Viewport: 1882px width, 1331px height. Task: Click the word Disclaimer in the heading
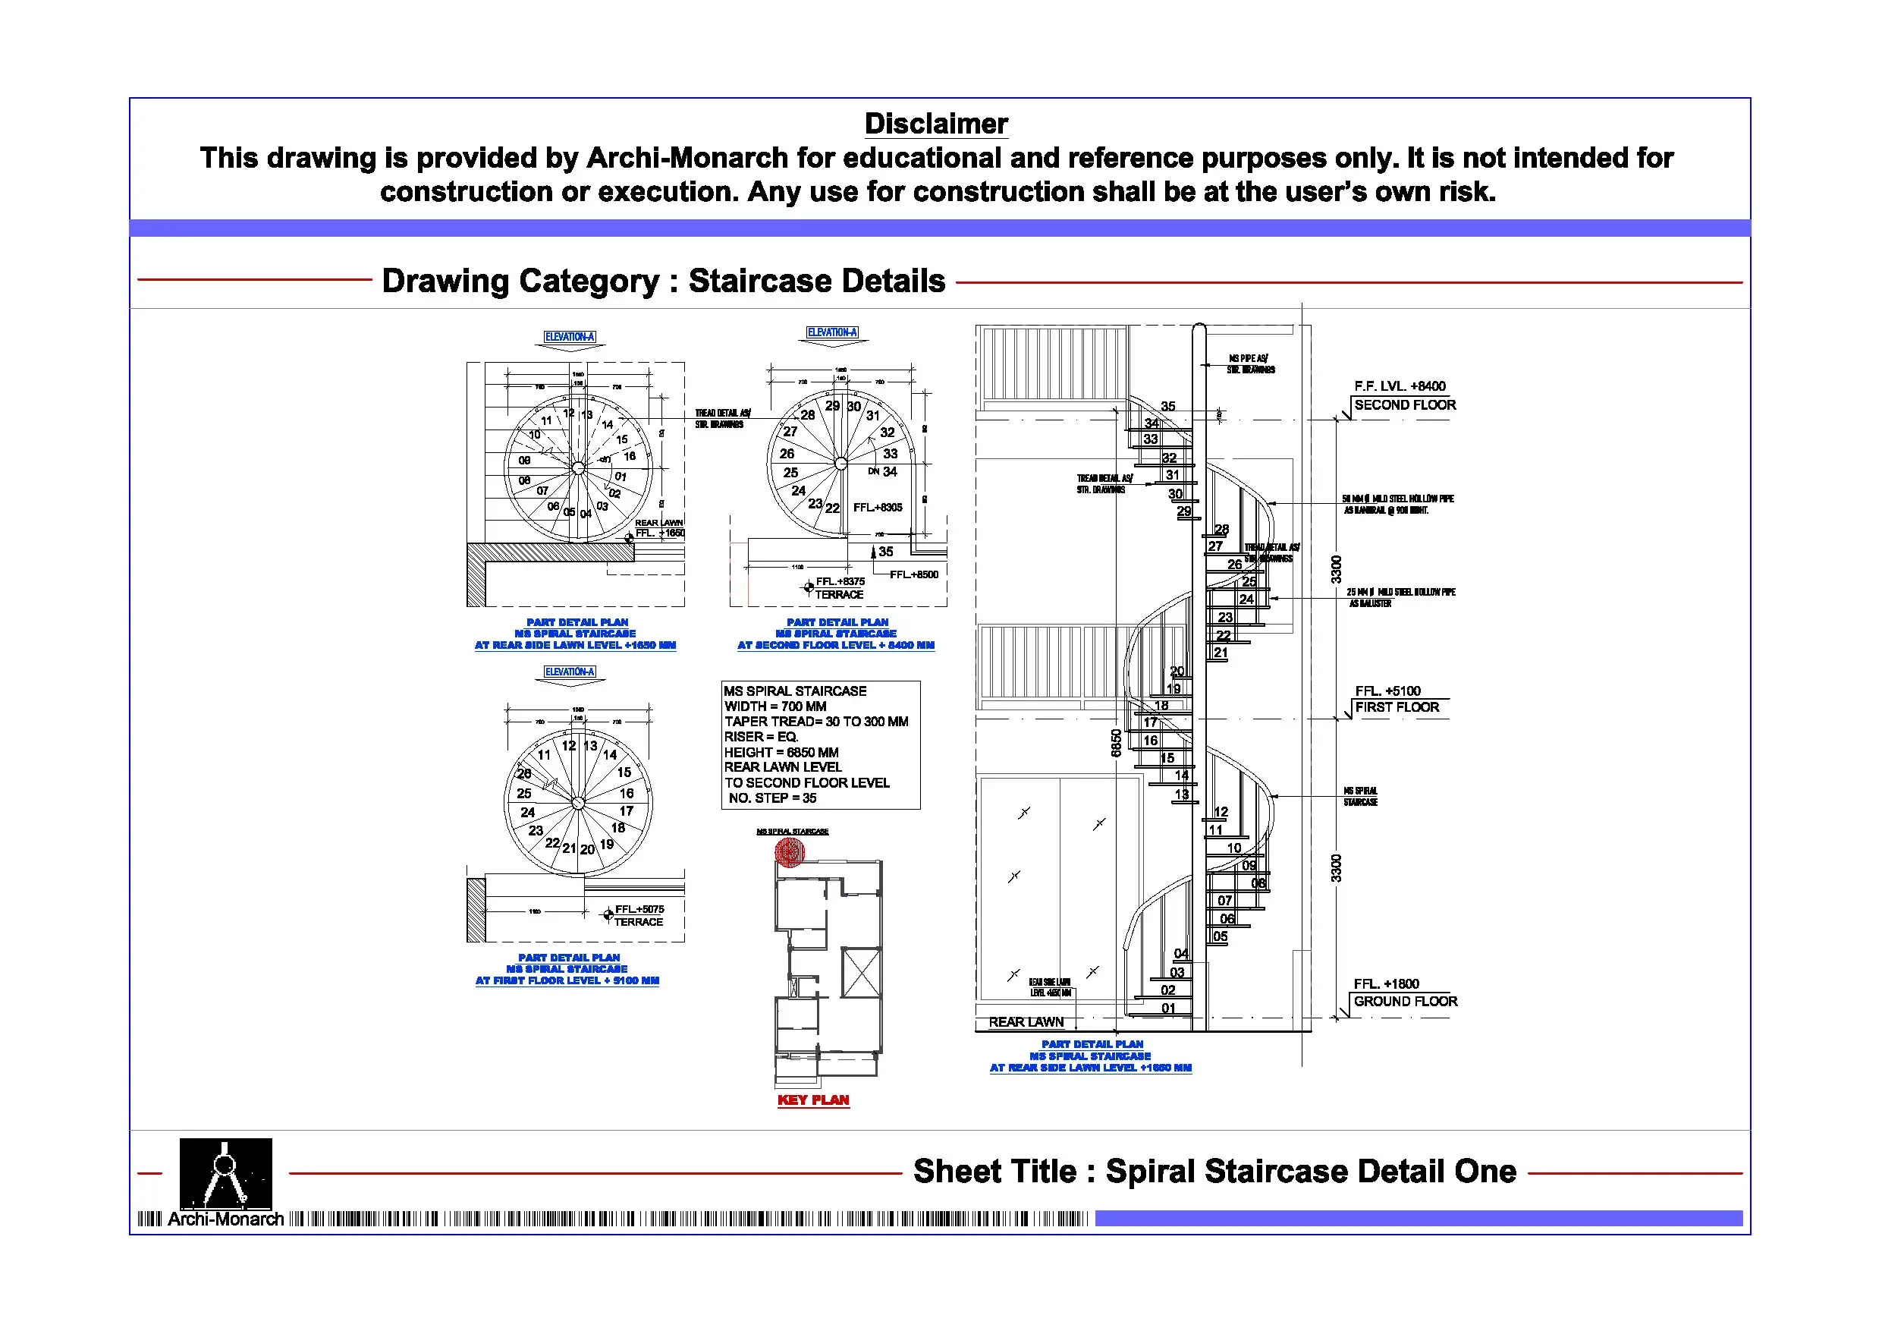[x=935, y=124]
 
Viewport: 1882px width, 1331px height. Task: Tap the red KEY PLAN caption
[x=812, y=1100]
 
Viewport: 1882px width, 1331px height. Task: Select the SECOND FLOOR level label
[x=1404, y=405]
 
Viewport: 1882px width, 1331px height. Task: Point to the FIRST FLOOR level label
[x=1396, y=707]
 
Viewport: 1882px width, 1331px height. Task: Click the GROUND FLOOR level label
[x=1405, y=1002]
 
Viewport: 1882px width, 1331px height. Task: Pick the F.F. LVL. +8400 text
[x=1400, y=386]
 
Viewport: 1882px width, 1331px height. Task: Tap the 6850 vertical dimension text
[x=1116, y=743]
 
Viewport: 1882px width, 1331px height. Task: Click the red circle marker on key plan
[x=790, y=853]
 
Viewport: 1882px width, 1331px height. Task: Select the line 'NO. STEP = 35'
[x=772, y=798]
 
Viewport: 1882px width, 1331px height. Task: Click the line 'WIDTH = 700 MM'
[x=774, y=706]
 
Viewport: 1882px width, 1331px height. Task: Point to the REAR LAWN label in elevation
[x=1026, y=1022]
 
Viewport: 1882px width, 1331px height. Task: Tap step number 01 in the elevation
[x=1168, y=1008]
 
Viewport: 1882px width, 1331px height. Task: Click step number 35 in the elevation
[x=1168, y=406]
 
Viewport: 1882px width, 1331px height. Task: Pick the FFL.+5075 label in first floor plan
[x=639, y=910]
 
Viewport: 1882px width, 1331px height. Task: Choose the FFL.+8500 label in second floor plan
[x=914, y=574]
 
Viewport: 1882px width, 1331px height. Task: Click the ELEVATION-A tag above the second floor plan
[x=832, y=332]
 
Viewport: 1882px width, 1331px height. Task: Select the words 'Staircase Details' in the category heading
[x=816, y=282]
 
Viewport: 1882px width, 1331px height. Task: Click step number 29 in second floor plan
[x=833, y=406]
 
